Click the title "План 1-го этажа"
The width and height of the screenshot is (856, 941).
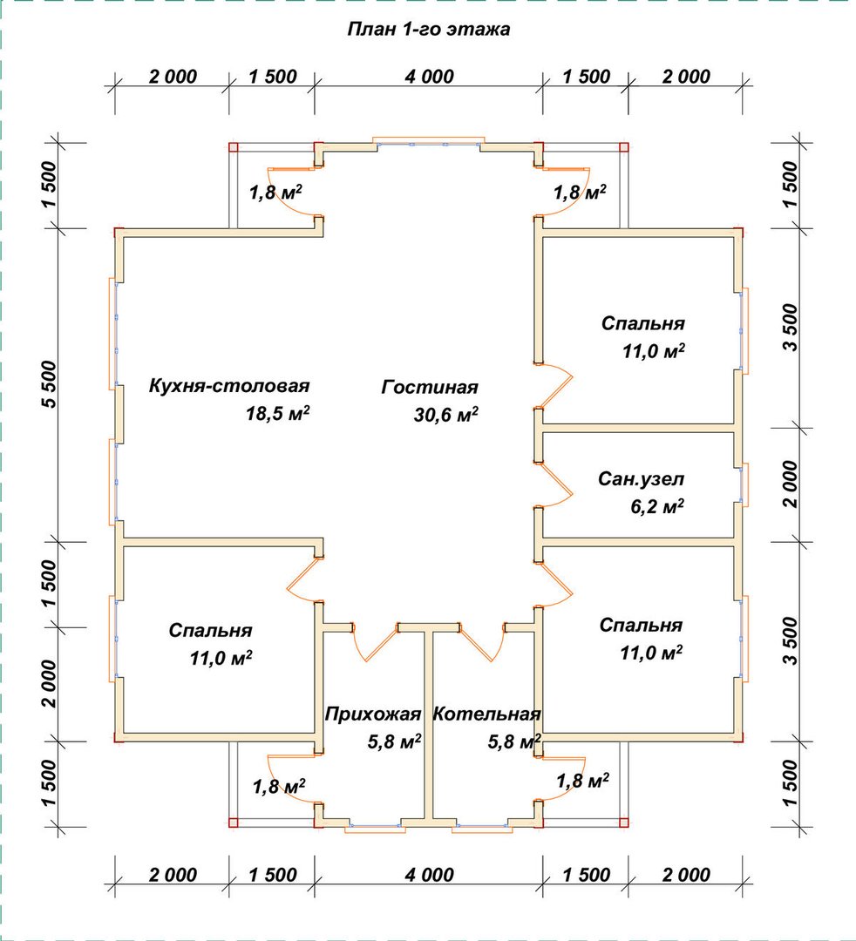point(429,29)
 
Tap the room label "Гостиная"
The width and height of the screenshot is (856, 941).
point(430,387)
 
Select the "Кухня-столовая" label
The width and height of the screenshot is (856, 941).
point(229,386)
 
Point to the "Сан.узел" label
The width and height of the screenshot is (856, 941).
point(641,479)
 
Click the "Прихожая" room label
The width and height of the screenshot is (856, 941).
point(373,714)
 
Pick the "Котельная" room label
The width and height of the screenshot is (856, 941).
point(486,714)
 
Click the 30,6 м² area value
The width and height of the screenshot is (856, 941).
point(446,414)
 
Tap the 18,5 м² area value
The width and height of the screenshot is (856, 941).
point(277,413)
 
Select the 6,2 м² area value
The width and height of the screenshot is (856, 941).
point(656,506)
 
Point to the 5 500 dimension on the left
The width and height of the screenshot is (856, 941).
point(49,385)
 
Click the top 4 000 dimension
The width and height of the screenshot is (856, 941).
point(429,77)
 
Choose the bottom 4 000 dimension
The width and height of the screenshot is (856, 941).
point(429,875)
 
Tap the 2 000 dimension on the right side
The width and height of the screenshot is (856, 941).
point(791,484)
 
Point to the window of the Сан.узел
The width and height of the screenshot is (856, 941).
point(744,484)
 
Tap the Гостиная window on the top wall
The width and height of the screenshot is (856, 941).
point(429,142)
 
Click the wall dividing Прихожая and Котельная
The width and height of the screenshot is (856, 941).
point(429,727)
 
